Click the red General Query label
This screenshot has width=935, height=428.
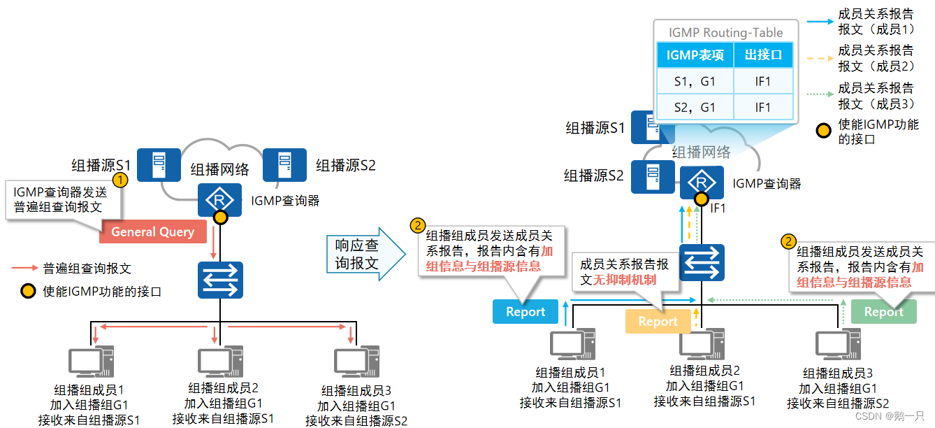(152, 231)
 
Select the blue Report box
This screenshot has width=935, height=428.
(526, 312)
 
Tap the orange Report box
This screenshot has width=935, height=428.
(658, 321)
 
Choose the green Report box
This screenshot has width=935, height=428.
(883, 312)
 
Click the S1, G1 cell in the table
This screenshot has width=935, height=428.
(695, 82)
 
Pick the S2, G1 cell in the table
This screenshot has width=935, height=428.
(695, 107)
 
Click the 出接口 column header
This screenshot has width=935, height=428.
(763, 55)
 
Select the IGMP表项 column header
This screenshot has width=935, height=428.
(695, 55)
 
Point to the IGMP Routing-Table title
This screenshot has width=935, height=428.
(725, 32)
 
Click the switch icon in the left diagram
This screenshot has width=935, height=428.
(220, 280)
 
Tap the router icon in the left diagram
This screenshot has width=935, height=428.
(219, 199)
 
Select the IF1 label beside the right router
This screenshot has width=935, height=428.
(718, 208)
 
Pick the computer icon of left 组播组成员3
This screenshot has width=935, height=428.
(356, 362)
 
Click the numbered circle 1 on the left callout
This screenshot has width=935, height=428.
(120, 180)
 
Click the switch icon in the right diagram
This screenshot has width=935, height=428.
(702, 262)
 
